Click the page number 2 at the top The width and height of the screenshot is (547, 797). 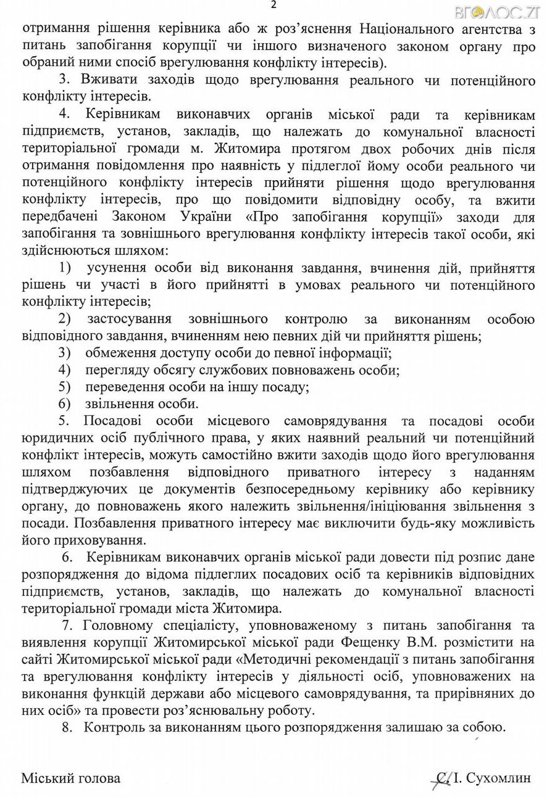pos(273,6)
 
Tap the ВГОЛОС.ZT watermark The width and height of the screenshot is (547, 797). pos(509,12)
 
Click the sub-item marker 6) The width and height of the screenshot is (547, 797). pos(65,404)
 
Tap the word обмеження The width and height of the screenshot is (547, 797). pos(121,353)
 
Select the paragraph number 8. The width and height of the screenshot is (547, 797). pos(67,726)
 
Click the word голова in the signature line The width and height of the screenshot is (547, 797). pos(98,778)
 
